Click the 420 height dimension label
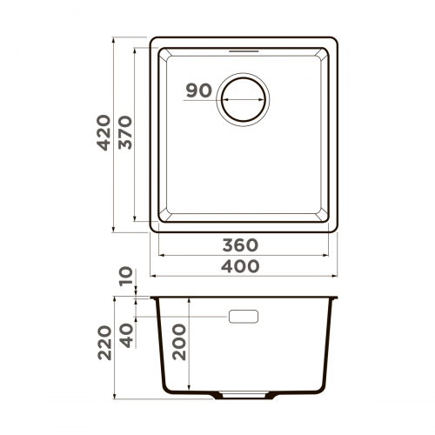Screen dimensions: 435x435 point(104,132)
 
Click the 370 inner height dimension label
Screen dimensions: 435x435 point(125,132)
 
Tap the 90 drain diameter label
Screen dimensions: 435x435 point(199,90)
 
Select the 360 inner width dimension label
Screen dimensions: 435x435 point(240,245)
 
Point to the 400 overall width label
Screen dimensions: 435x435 point(240,266)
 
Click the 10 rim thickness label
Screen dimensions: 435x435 point(126,277)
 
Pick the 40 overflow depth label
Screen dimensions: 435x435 point(127,336)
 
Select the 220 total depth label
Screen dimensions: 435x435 point(104,343)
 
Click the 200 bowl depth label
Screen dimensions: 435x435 point(179,342)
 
